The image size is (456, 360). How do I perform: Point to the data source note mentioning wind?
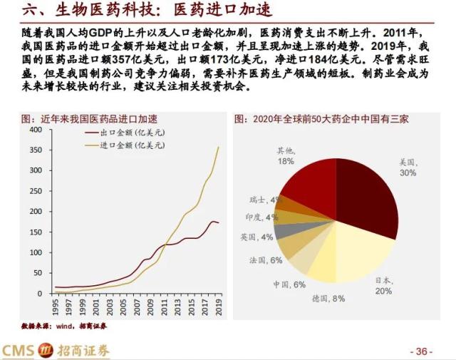click(x=64, y=325)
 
